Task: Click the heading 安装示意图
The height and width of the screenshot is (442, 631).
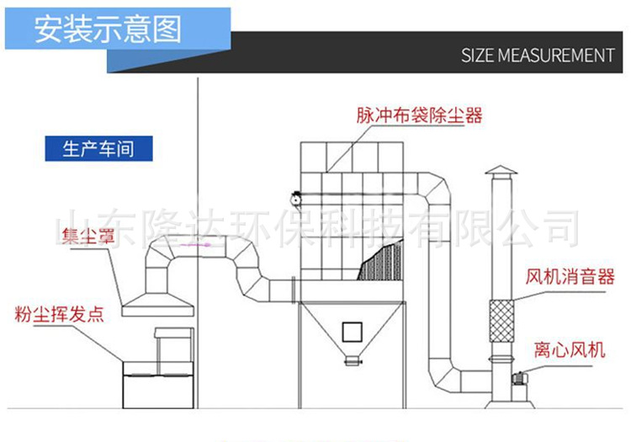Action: [x=107, y=29]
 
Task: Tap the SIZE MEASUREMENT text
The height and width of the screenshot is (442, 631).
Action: [x=538, y=56]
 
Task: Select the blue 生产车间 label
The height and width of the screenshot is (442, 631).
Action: [x=98, y=150]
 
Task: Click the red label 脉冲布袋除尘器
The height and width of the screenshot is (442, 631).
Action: [x=419, y=115]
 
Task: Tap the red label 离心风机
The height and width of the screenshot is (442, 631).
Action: [x=569, y=349]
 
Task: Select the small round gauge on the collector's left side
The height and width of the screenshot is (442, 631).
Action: [x=295, y=199]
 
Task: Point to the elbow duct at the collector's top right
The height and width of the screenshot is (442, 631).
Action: [x=433, y=189]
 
